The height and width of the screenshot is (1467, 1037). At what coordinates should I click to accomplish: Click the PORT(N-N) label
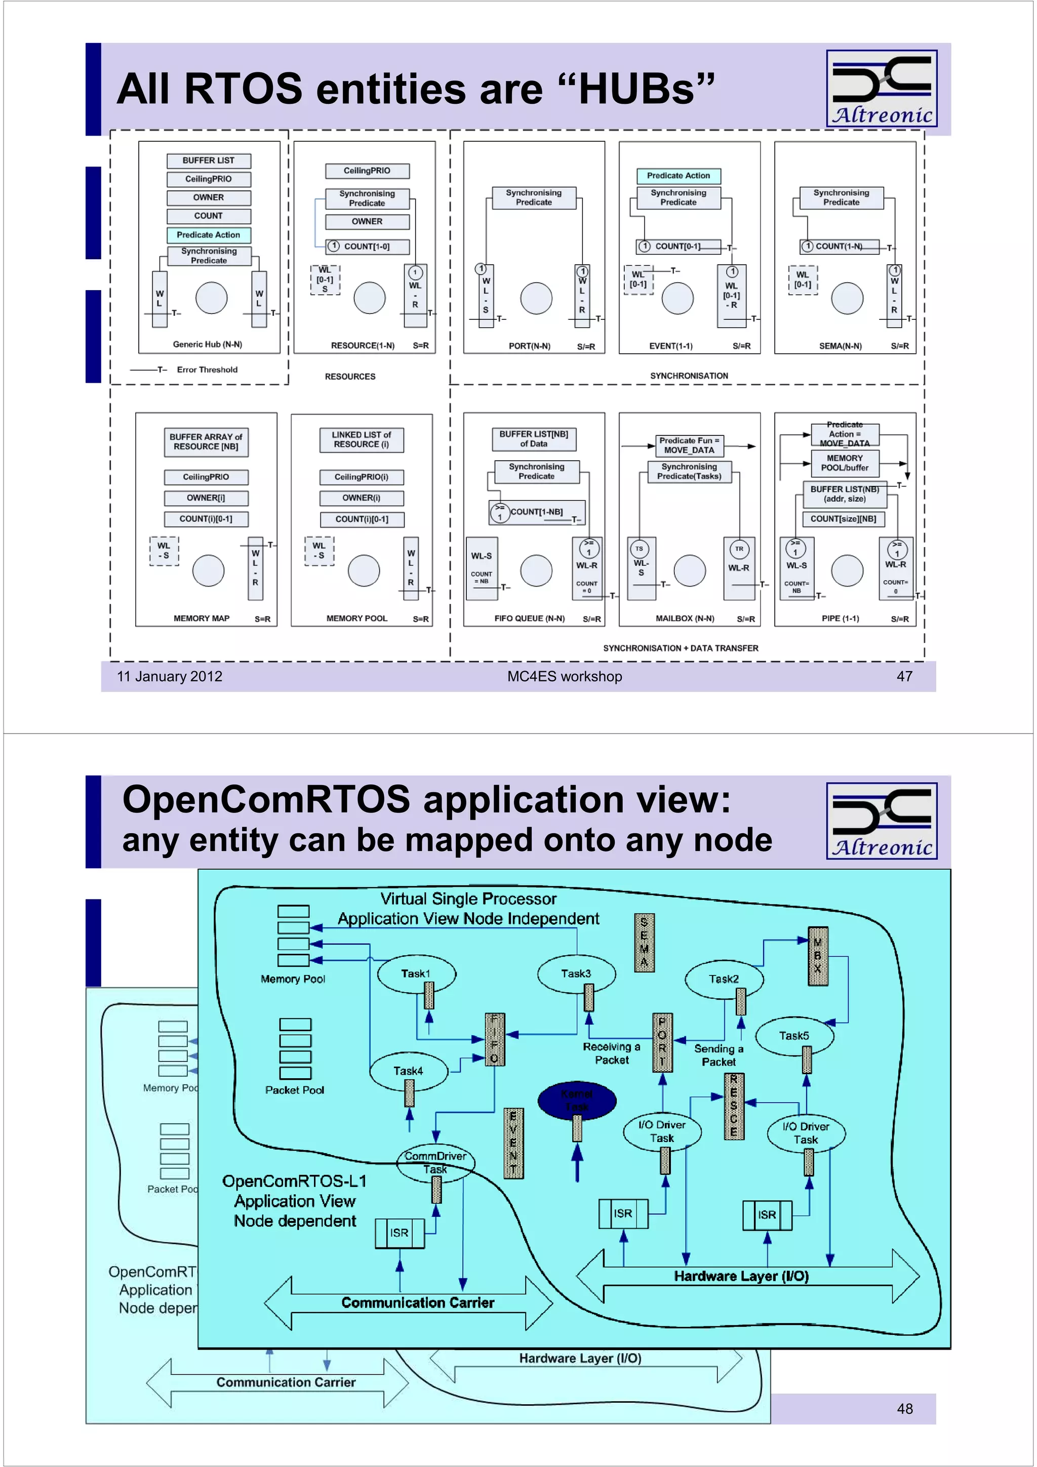coord(529,346)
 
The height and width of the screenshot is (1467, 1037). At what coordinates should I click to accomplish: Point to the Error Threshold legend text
coord(207,370)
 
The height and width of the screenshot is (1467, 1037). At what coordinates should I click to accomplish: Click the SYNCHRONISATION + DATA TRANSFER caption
coord(681,648)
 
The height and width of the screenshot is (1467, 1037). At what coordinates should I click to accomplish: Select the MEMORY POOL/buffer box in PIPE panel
coord(844,463)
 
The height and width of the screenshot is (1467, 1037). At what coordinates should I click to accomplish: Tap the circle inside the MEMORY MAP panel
coord(208,570)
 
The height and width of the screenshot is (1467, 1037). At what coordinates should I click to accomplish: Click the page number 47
coord(904,676)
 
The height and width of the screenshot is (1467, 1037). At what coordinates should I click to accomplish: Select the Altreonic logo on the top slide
coord(881,88)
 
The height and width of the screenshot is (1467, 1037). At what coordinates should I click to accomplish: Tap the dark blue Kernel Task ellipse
coord(576,1099)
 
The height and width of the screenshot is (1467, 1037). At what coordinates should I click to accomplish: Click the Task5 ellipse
coord(794,1035)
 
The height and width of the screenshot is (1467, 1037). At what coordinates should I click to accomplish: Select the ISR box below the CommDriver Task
coord(400,1233)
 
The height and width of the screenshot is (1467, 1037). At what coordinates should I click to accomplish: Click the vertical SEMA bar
coord(644,943)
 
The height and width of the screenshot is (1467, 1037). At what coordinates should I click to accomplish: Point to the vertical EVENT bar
coord(513,1143)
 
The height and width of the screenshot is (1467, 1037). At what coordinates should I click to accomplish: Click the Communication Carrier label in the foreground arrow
coord(417,1302)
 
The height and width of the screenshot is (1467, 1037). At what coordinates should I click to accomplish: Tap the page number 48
coord(904,1408)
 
